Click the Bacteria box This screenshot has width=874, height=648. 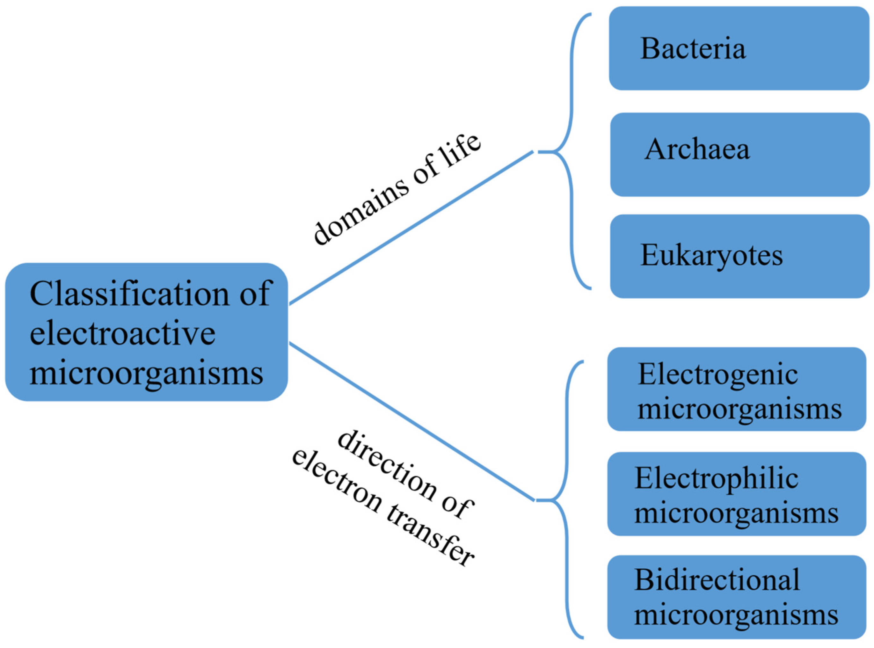tap(739, 48)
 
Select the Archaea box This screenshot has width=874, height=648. tap(739, 155)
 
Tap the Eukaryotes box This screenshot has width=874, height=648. tap(739, 256)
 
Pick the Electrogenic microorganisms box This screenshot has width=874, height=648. tap(737, 389)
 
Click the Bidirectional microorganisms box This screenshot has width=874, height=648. tap(737, 597)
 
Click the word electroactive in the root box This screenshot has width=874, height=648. tap(122, 333)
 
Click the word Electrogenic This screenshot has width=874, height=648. tap(717, 375)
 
